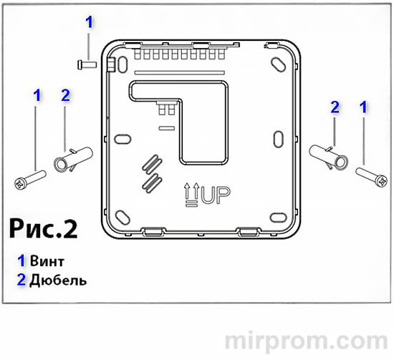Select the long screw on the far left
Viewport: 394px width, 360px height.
(x=29, y=177)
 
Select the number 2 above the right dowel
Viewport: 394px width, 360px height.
(x=334, y=107)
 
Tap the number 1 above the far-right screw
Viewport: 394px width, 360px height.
(x=363, y=107)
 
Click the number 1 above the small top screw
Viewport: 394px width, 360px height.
(x=89, y=22)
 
